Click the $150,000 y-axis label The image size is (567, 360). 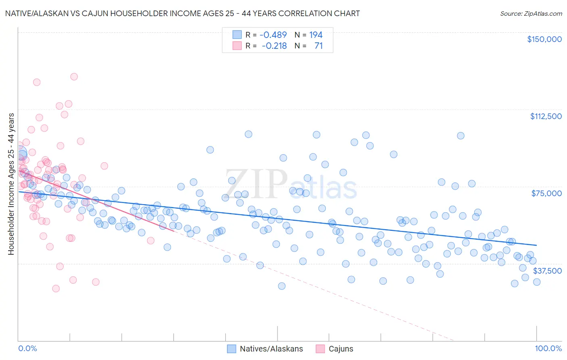(x=544, y=39)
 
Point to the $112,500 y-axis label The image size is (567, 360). (x=546, y=116)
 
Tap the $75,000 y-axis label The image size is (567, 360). (x=546, y=193)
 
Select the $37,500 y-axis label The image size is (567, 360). (x=547, y=270)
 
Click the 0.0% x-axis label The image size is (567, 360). (x=27, y=349)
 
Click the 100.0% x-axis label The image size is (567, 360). (x=548, y=349)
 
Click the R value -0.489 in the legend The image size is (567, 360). (x=273, y=35)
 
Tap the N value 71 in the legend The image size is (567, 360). (x=319, y=46)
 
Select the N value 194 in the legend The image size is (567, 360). (x=316, y=35)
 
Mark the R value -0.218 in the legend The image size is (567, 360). (x=274, y=46)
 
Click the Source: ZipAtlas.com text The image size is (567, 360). (x=531, y=13)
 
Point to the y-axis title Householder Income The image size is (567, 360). (x=11, y=184)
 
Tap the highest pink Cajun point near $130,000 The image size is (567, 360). (x=74, y=76)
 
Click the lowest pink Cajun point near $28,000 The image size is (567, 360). (x=56, y=289)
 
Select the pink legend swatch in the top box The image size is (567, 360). (x=237, y=46)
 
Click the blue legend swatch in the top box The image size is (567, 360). (x=237, y=35)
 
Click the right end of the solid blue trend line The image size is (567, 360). (x=536, y=245)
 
